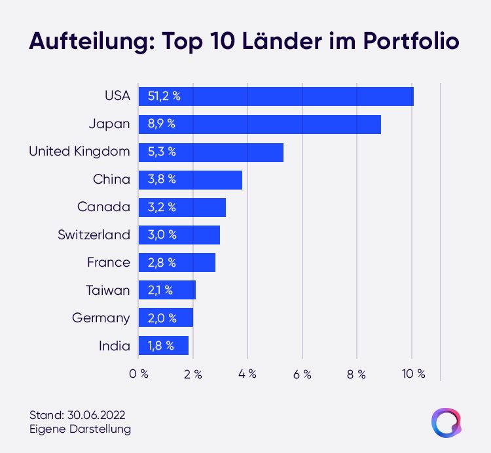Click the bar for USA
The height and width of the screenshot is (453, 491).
276,96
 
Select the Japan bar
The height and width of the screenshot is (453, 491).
260,124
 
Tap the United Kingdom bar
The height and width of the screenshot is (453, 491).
211,152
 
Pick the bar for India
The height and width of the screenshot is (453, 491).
164,345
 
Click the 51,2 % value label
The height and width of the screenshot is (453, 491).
164,96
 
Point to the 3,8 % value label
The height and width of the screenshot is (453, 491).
162,179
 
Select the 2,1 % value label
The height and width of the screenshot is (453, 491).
160,290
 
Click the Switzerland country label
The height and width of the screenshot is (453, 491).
94,235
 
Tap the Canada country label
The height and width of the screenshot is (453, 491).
103,207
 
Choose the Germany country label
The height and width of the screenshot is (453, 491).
101,318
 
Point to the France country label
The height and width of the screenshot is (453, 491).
108,262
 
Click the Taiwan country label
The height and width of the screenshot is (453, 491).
108,290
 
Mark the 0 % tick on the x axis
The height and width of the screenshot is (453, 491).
139,374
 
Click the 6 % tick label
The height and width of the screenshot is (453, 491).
302,374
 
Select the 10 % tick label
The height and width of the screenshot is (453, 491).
414,374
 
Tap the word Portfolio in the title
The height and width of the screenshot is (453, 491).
411,41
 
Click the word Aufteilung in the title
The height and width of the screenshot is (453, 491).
92,41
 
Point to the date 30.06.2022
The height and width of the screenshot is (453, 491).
96,415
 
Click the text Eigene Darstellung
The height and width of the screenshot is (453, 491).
80,429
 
